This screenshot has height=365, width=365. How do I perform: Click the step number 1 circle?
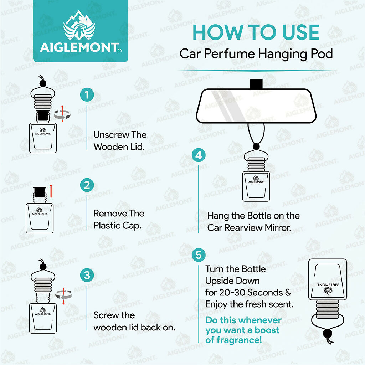(x=87, y=96)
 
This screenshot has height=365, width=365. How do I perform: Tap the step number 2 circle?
(x=87, y=186)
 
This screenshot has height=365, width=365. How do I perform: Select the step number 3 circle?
(x=87, y=276)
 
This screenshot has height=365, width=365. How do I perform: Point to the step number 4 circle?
(x=199, y=156)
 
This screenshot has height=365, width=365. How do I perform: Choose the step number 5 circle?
(x=199, y=255)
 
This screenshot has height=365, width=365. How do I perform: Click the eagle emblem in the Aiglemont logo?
(x=79, y=29)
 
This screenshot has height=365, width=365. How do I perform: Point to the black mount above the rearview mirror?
(x=256, y=84)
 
